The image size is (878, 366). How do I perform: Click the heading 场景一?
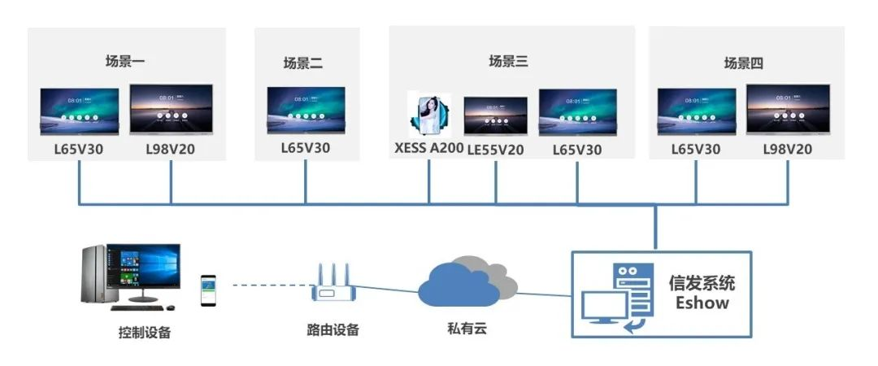(124, 60)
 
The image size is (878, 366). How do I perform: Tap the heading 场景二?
(303, 63)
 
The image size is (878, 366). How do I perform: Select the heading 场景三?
(508, 60)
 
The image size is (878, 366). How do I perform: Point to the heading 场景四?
(744, 63)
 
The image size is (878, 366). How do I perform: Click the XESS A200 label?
(428, 149)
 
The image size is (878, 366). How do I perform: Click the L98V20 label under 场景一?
(171, 149)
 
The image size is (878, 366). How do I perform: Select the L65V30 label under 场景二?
(305, 148)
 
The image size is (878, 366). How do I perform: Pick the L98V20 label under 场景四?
(787, 149)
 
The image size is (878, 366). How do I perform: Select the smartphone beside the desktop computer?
(209, 290)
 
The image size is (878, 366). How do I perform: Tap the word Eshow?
(702, 303)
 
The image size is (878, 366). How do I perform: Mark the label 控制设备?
(145, 332)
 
